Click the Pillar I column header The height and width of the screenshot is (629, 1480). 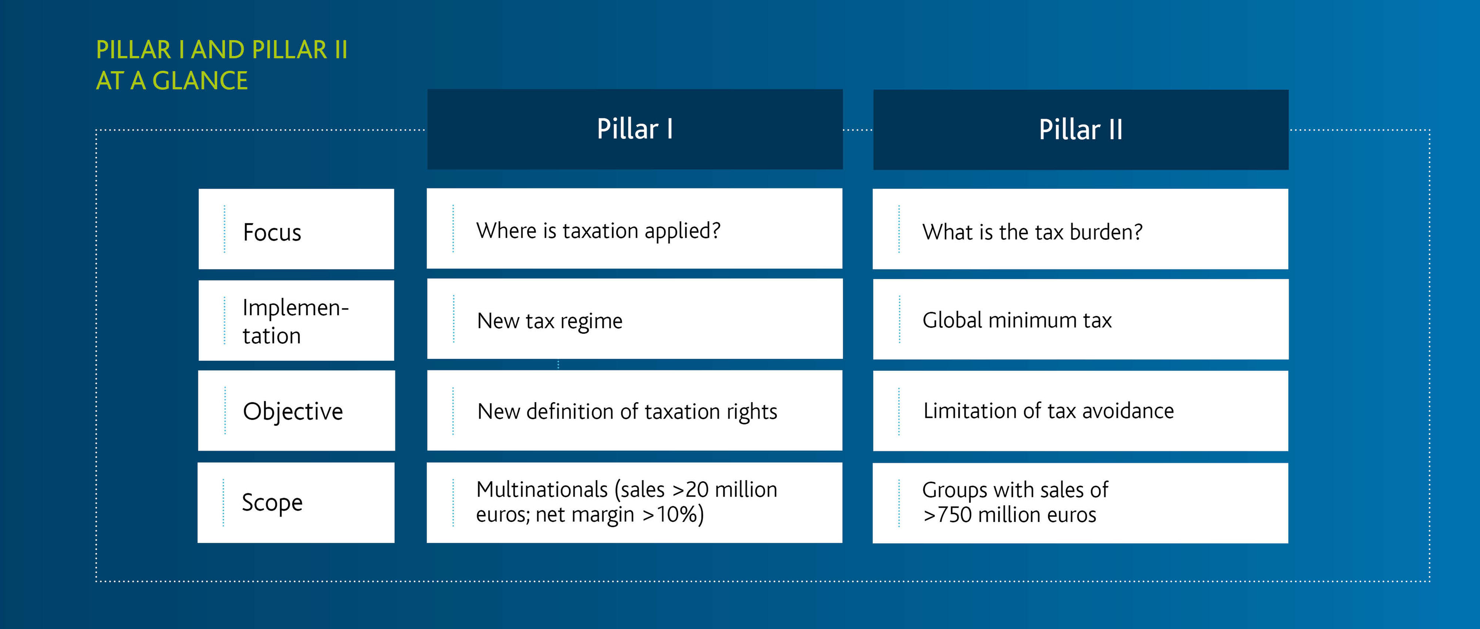[635, 129]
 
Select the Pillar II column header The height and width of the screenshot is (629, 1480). [1081, 129]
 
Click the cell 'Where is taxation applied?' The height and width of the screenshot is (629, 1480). [634, 228]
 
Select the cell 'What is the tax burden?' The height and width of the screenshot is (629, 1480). [1080, 229]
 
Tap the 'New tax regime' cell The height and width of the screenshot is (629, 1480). [635, 319]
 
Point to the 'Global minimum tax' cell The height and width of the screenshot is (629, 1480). [1081, 319]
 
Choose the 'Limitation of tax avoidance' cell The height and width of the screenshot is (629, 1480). [1081, 411]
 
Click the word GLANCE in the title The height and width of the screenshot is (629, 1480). [200, 80]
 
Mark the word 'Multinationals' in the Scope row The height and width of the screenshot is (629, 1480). [542, 490]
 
